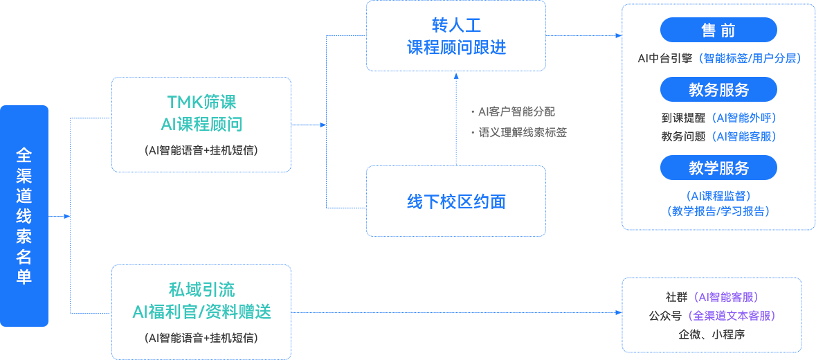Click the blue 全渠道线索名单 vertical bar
coord(24,215)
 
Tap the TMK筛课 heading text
coord(201,102)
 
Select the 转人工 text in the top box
coord(456,26)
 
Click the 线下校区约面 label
coord(456,201)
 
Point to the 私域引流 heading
coord(201,289)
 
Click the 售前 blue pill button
coord(718,30)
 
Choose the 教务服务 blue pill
coord(718,90)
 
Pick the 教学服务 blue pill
coord(718,168)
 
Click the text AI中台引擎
coord(667,59)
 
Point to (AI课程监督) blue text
coord(718,196)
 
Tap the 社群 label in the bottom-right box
coord(676,297)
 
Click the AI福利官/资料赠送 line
coord(201,312)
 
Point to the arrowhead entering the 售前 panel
coord(617,35)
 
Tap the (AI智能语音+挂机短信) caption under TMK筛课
coord(201,150)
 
